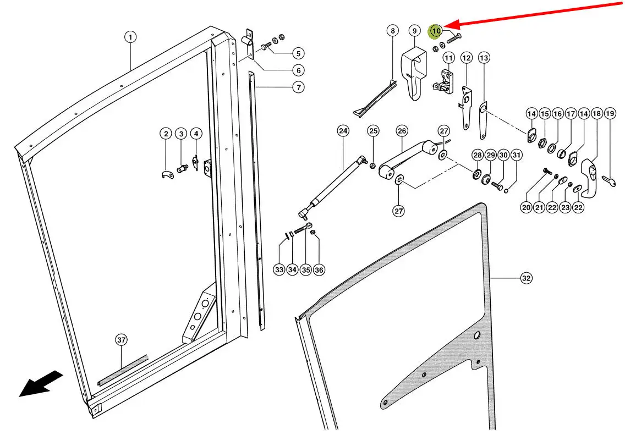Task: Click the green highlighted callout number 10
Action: point(436,31)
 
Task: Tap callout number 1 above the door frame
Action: point(130,37)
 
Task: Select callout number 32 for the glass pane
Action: point(527,279)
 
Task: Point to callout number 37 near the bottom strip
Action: point(122,340)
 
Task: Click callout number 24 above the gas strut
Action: point(343,131)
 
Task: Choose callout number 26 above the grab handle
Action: point(402,131)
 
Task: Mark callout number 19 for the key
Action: point(610,114)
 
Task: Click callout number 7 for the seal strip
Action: point(298,87)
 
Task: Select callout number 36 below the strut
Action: point(319,269)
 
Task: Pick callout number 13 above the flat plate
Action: point(484,58)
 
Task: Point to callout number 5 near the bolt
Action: point(298,53)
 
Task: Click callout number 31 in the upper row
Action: point(516,156)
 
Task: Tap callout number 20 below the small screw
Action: point(527,207)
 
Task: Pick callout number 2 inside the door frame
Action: point(166,134)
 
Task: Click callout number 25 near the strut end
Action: point(374,131)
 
